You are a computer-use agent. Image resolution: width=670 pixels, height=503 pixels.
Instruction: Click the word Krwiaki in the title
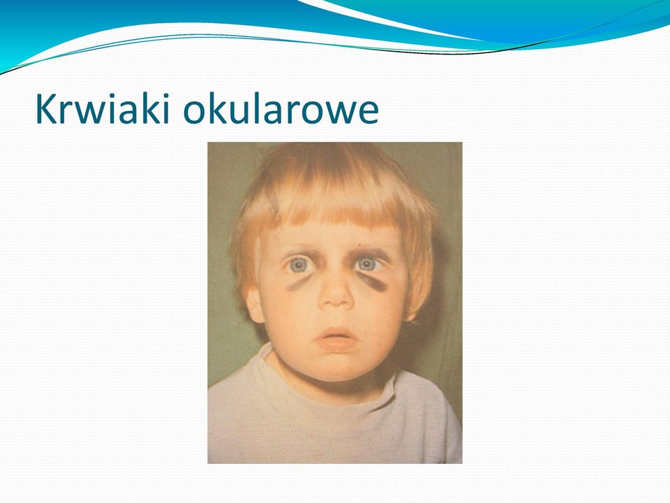103,109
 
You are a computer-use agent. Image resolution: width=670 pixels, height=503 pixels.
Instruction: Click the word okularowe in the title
281,109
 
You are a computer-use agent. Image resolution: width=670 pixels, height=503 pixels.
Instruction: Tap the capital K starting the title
46,109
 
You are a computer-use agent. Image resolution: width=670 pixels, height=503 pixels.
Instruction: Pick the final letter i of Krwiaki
166,109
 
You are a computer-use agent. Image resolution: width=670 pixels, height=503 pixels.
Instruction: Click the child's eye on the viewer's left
299,265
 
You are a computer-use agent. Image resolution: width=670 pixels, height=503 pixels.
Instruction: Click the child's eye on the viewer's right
368,264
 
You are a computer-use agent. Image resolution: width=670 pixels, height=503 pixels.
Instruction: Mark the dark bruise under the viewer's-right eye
373,282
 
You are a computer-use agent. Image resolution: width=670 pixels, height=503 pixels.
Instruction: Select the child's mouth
336,339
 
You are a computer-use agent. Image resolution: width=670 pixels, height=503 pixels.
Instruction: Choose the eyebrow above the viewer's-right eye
370,251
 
